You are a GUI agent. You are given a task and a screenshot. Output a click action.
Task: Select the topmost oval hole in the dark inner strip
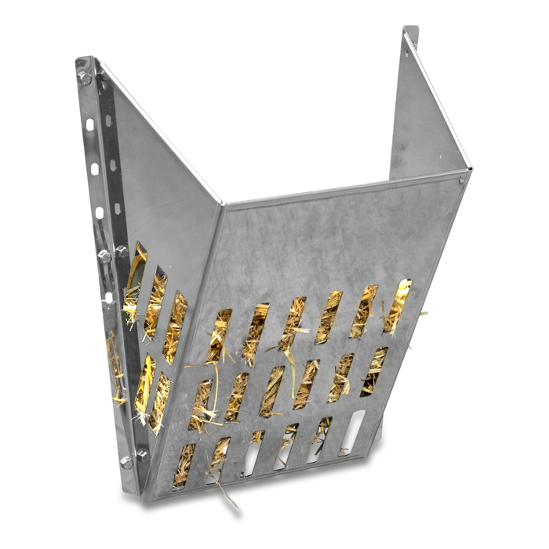coord(108,122)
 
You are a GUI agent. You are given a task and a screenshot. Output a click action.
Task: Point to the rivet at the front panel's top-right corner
coord(462,180)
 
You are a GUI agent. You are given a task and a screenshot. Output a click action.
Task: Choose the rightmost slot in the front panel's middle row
coord(374,371)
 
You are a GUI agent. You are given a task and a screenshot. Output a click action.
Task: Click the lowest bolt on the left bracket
coord(125,464)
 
